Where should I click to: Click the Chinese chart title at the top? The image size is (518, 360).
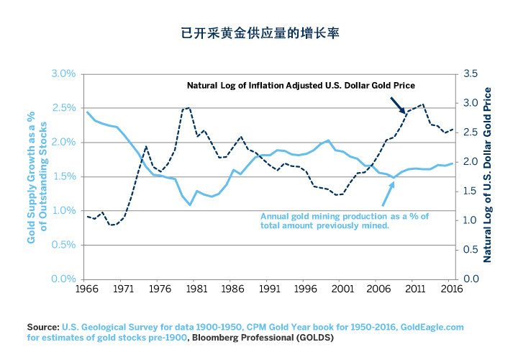[259, 33]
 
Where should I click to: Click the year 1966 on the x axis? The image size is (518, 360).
[86, 291]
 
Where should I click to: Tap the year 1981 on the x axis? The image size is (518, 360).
[194, 291]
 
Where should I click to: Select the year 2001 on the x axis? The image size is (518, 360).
[340, 291]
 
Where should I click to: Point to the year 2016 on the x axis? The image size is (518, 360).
[450, 291]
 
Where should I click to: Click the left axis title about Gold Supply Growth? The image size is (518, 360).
[37, 176]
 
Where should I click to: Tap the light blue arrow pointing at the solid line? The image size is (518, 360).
[388, 194]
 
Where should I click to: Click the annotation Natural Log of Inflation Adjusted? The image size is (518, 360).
[301, 85]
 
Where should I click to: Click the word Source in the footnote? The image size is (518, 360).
[42, 326]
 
